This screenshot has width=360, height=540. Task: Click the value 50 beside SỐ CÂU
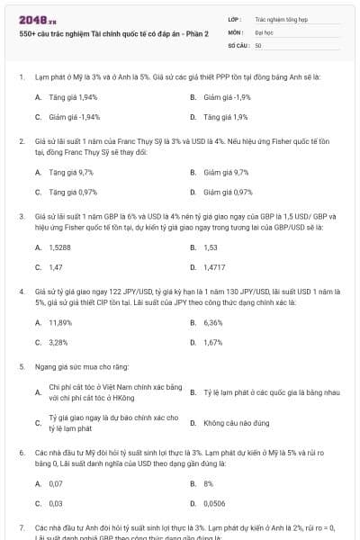coord(258,44)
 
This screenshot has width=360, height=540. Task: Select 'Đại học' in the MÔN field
coord(265,31)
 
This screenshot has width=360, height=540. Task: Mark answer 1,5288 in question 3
coord(61,247)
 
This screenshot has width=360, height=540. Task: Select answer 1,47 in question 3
coord(56,267)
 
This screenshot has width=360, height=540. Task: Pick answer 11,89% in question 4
coord(60,322)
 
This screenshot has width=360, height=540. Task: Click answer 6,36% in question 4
coord(213,322)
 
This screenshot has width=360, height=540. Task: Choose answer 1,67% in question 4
coord(213,343)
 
